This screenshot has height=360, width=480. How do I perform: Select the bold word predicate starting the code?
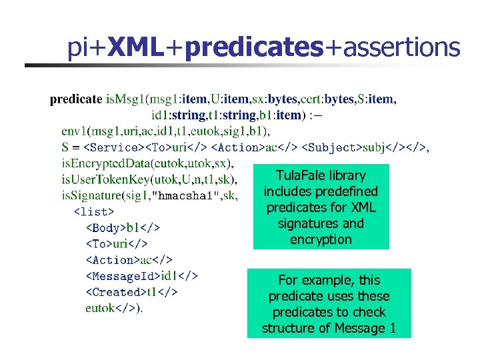pos(76,100)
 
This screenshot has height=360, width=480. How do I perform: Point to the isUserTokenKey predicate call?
pos(106,179)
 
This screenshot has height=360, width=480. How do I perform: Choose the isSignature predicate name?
pos(92,195)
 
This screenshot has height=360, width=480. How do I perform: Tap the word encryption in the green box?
pos(321,239)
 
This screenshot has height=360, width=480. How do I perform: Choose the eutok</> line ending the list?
pos(114,307)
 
